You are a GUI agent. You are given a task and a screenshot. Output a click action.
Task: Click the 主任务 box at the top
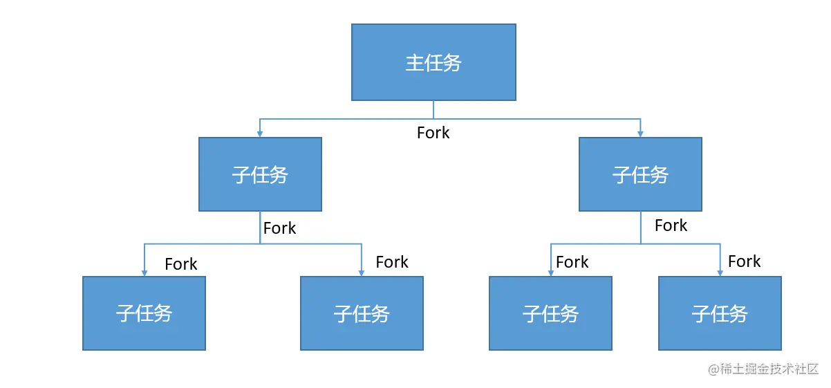(x=433, y=62)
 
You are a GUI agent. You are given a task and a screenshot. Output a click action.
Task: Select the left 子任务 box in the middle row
(x=260, y=174)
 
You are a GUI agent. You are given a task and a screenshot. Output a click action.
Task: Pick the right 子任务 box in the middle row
(x=640, y=174)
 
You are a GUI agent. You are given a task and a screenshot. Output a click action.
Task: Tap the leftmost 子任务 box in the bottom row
(x=144, y=313)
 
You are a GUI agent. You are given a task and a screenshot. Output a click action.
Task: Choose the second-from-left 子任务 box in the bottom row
(x=362, y=313)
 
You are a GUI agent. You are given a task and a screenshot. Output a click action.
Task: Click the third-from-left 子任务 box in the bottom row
(x=550, y=313)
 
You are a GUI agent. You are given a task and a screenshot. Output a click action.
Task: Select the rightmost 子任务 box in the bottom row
(x=720, y=313)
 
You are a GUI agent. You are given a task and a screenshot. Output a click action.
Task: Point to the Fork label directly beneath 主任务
(x=433, y=133)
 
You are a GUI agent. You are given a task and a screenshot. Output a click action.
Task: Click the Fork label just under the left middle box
(x=279, y=228)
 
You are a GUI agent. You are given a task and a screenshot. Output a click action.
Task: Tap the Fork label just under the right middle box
(x=671, y=225)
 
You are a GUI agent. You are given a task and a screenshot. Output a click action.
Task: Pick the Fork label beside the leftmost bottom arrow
(x=181, y=264)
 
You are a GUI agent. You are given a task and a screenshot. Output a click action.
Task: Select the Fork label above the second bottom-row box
(x=392, y=262)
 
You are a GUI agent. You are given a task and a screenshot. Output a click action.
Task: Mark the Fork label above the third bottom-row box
(x=572, y=262)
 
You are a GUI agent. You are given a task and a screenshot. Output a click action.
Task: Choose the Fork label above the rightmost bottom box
(x=744, y=261)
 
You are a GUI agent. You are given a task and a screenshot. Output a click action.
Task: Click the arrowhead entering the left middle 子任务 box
(x=260, y=133)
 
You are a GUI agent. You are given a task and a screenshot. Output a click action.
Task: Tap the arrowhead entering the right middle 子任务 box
(x=640, y=133)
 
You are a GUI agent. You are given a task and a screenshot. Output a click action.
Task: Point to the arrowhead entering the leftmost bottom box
(x=144, y=272)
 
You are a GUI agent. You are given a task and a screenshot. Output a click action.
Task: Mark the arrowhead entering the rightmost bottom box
(x=720, y=272)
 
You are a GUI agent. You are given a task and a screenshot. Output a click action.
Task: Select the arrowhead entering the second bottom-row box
(x=362, y=272)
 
